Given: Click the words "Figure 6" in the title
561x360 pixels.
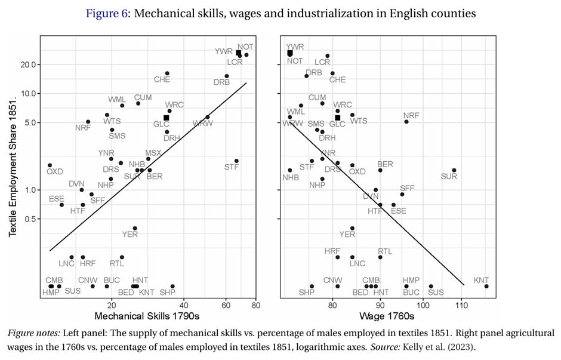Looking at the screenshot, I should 106,13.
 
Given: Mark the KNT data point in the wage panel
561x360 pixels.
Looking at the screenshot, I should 486,286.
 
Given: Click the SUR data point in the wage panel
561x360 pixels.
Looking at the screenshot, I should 454,170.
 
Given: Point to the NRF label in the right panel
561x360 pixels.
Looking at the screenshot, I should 411,116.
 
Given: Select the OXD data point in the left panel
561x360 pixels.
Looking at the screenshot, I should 50,165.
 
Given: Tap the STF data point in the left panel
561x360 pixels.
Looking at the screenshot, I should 236,161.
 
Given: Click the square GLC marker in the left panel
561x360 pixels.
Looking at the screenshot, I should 166,118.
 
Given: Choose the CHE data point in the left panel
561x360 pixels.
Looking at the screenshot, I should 167,73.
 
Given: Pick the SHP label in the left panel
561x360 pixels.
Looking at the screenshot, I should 168,292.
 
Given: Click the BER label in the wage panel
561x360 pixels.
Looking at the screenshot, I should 385,164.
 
